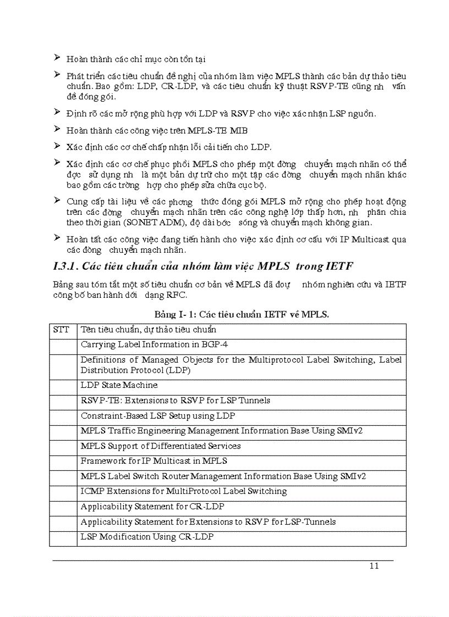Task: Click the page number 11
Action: point(374,566)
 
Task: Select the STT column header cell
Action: point(63,330)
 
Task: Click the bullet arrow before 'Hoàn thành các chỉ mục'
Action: point(57,57)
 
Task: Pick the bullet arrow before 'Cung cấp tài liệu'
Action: point(57,201)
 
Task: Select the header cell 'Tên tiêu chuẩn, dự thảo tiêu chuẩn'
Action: point(148,330)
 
